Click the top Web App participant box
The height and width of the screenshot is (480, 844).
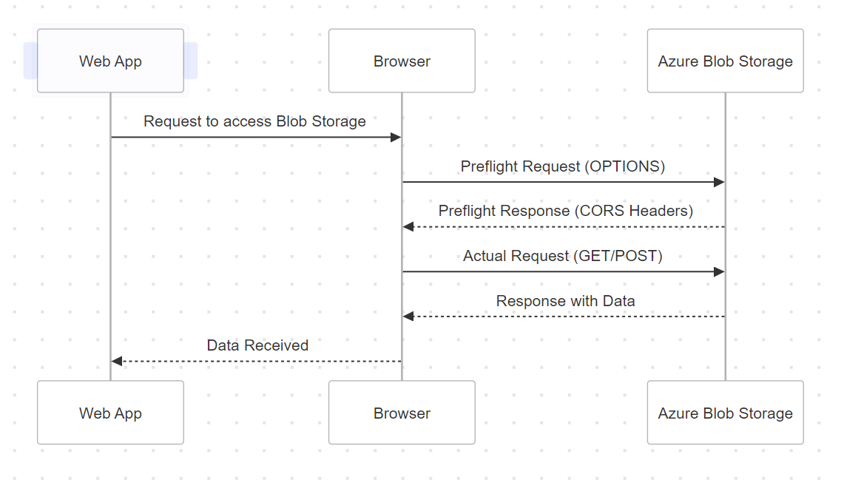(x=110, y=61)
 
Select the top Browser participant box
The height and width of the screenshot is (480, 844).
(x=402, y=61)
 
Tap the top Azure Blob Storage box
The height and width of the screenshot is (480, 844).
(x=725, y=61)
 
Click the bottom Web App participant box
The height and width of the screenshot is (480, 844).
(x=110, y=413)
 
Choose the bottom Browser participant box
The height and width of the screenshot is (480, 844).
(x=402, y=413)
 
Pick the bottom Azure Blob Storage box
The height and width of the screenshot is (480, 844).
(x=725, y=413)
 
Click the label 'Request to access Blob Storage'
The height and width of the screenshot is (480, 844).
(x=254, y=121)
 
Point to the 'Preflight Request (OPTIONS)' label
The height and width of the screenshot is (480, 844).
(x=562, y=166)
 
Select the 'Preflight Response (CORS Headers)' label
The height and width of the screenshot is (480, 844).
(x=565, y=211)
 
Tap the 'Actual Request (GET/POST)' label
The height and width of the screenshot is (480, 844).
(x=562, y=256)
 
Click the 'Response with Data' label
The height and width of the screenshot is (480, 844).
(x=565, y=301)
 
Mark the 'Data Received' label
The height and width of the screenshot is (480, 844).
(x=257, y=345)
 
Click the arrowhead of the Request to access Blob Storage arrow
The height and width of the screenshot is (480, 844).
(x=396, y=138)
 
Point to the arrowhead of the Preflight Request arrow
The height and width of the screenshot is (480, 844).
(x=718, y=182)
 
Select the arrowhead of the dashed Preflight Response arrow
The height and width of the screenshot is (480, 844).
(x=408, y=227)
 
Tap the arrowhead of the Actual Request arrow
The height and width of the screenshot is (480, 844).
(x=718, y=271)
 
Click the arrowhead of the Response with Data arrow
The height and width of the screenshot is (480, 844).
(x=408, y=317)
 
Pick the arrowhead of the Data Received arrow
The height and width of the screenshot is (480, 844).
(x=117, y=361)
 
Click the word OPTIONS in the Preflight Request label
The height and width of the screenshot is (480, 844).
(x=624, y=166)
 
